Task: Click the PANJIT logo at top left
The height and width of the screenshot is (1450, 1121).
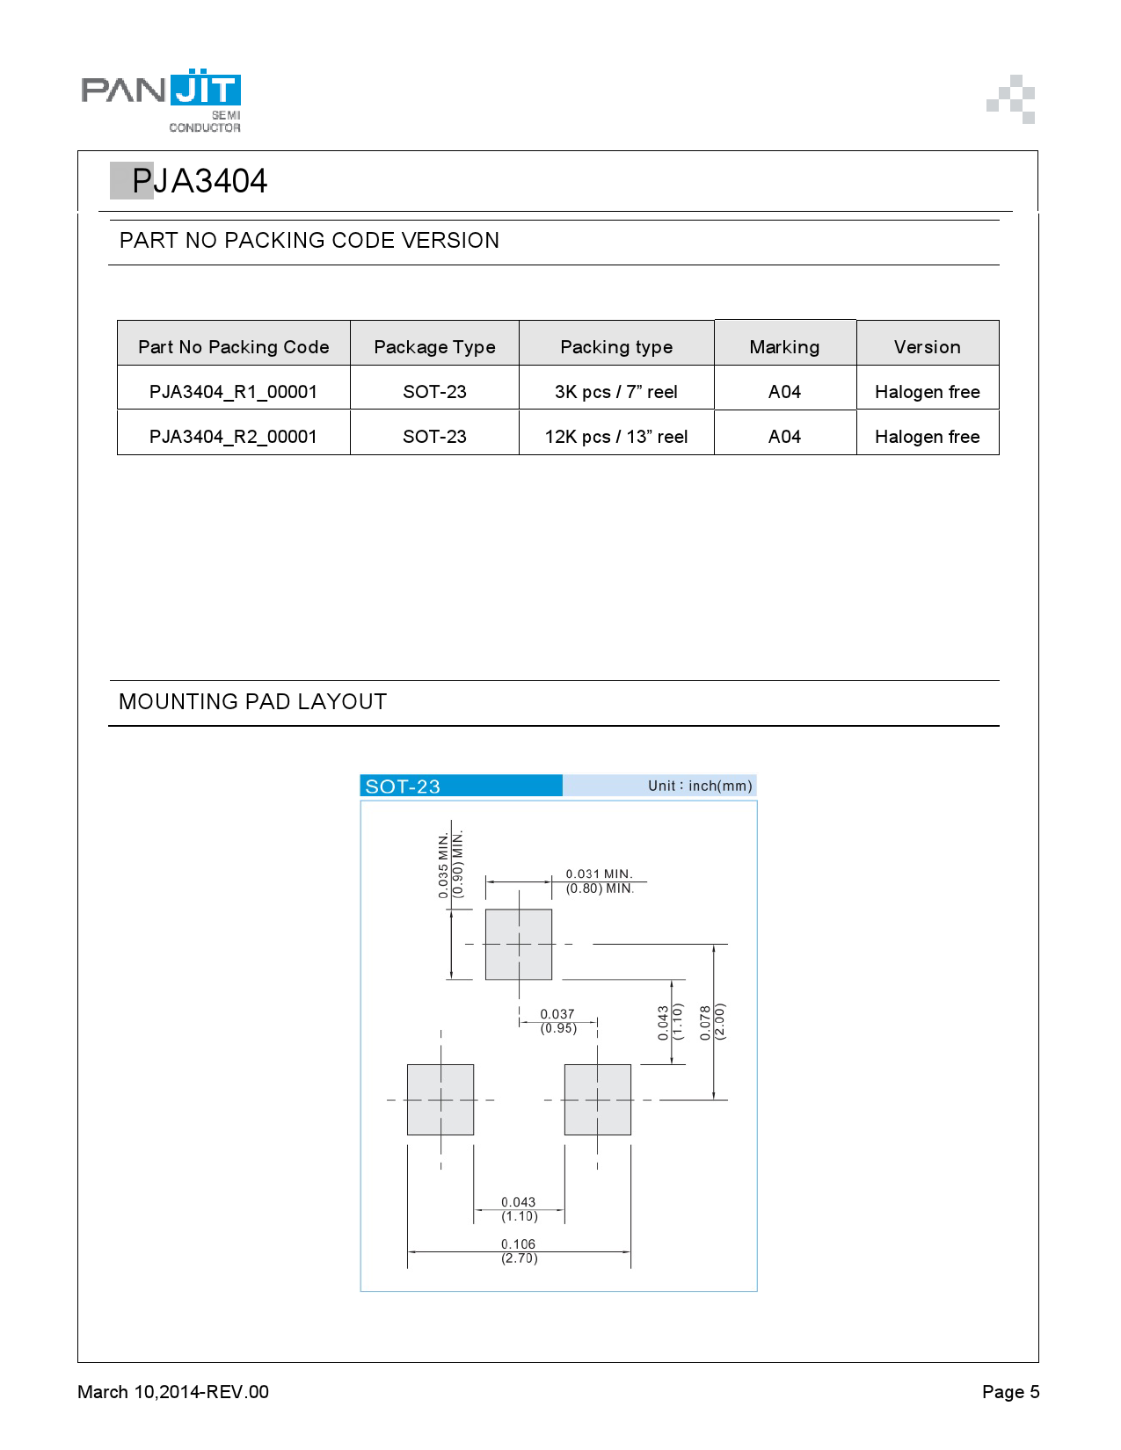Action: pos(161,99)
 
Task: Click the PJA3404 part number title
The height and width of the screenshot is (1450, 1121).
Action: pos(199,181)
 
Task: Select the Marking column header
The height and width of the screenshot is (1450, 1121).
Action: pos(784,347)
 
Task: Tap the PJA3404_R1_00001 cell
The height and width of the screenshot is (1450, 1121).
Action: pos(233,392)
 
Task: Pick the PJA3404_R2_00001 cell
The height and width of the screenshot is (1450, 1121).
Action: pos(233,437)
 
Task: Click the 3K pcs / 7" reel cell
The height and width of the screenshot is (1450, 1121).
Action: pos(615,392)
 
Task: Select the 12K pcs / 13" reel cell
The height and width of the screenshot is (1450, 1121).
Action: pos(615,437)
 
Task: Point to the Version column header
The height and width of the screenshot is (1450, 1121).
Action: pos(927,347)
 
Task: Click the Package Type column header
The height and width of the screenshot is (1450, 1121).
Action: pos(434,347)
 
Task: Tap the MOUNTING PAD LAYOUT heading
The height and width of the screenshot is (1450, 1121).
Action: pos(252,702)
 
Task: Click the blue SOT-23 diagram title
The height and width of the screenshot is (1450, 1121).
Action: pos(403,787)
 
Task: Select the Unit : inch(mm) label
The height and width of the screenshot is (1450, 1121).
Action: pos(700,786)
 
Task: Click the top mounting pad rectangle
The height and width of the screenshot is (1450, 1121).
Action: pos(519,944)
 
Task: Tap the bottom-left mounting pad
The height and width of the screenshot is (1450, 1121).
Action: pos(440,1099)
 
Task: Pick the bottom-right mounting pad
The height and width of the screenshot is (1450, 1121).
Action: pos(598,1099)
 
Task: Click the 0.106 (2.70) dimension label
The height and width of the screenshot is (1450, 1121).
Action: pos(519,1251)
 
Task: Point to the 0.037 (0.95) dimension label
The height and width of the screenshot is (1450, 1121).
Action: pos(557,1021)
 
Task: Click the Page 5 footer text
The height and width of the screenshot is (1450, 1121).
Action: pos(1010,1392)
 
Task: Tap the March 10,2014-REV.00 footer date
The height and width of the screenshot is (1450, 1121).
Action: pos(173,1392)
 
